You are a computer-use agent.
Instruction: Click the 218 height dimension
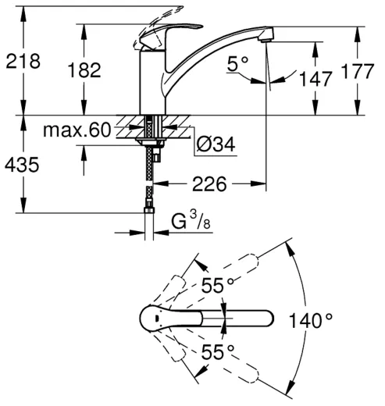coord(23,62)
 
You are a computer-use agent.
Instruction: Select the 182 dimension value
coord(84,70)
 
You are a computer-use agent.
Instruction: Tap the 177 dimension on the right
coord(358,71)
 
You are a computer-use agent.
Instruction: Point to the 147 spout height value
coord(315,79)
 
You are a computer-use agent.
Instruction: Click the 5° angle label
coord(238,64)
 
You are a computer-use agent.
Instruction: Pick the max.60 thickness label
coord(77,130)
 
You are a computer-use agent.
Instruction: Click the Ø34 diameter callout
coord(216,144)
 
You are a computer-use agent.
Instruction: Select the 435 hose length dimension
coord(22,165)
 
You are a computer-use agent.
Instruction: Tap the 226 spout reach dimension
coord(209,184)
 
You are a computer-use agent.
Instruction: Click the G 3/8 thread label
coord(191,220)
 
